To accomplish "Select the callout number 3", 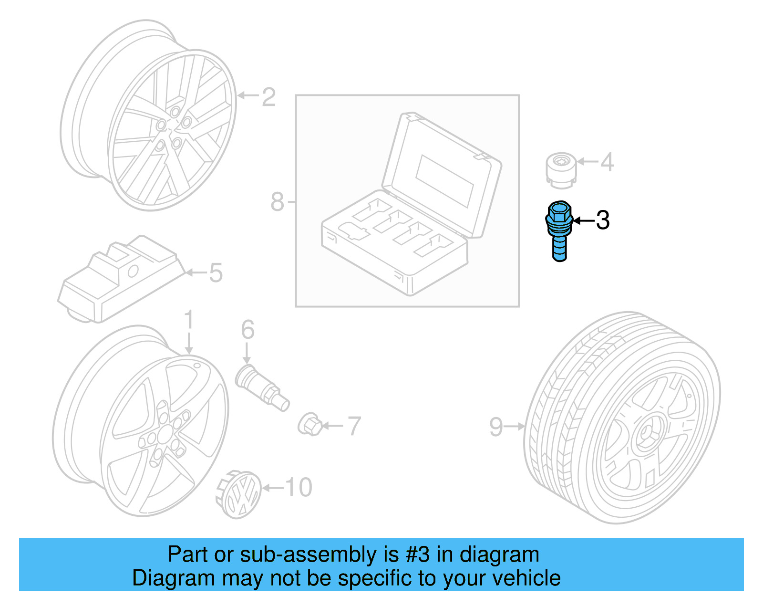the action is (x=603, y=220).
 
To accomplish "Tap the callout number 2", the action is (x=268, y=97).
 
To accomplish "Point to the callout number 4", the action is (x=607, y=162).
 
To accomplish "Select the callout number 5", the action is (x=216, y=273).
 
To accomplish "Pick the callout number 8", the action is (x=277, y=202).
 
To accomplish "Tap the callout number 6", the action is (x=247, y=330).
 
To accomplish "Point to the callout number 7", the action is (x=354, y=426).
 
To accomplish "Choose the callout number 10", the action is (x=299, y=488).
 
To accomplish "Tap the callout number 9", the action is (x=496, y=427).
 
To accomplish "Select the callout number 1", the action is (x=189, y=320).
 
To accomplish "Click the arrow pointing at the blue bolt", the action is (x=583, y=220).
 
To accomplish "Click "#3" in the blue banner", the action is (x=418, y=555).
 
